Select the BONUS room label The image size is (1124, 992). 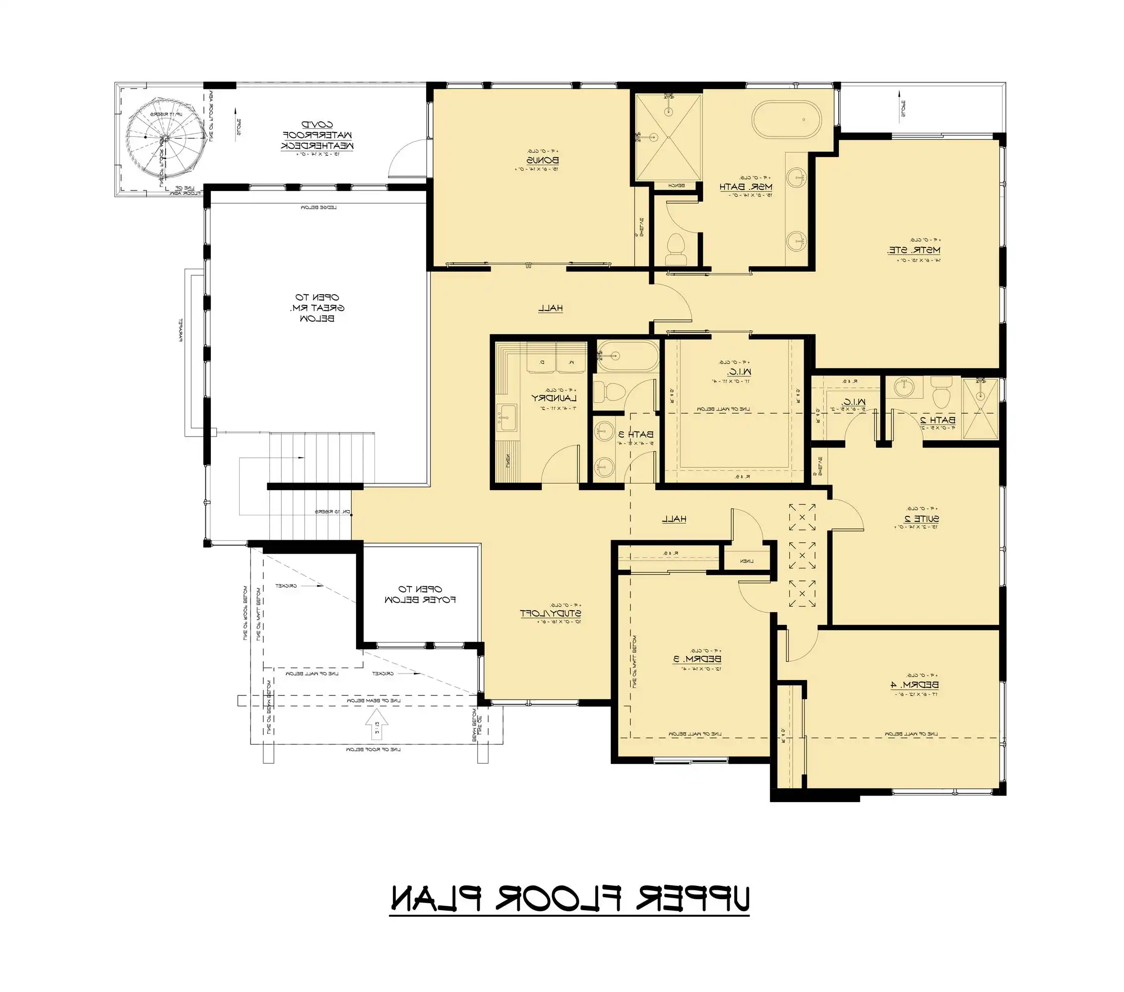pos(542,160)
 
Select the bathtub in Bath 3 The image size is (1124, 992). pos(627,356)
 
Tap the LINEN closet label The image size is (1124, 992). pos(746,561)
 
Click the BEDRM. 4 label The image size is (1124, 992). pos(914,684)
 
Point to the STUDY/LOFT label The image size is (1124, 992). pos(551,613)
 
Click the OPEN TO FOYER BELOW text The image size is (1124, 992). pos(421,594)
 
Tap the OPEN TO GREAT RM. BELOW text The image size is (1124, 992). pos(317,308)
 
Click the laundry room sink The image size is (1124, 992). pos(506,418)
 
